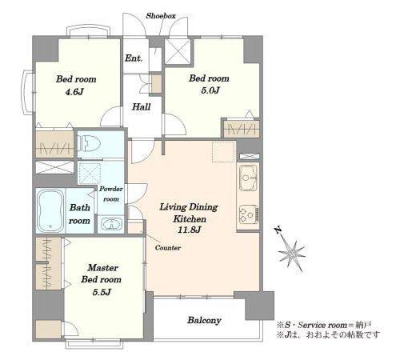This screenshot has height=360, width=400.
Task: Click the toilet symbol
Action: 88,144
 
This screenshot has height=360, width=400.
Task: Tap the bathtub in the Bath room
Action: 50,210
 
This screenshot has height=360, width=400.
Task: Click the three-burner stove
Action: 249,214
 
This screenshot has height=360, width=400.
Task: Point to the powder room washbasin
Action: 112,224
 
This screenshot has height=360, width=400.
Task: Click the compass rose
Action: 291,253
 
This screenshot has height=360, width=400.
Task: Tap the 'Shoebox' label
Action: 161,16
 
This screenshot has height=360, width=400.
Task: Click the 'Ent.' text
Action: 134,58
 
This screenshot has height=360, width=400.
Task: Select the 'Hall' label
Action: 142,107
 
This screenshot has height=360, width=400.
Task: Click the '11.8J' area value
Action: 189,230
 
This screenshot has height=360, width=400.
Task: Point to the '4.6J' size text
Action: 74,92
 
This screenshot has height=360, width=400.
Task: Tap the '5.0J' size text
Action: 210,90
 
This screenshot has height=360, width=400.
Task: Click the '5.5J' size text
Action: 102,292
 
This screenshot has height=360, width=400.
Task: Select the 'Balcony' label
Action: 204,320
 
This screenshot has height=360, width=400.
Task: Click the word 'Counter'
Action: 168,248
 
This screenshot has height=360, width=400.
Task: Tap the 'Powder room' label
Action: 111,194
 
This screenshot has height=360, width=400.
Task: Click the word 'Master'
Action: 103,267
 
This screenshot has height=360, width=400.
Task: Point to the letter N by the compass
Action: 278,230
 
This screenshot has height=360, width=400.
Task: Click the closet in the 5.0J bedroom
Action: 242,129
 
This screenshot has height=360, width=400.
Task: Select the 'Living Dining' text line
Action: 189,207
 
